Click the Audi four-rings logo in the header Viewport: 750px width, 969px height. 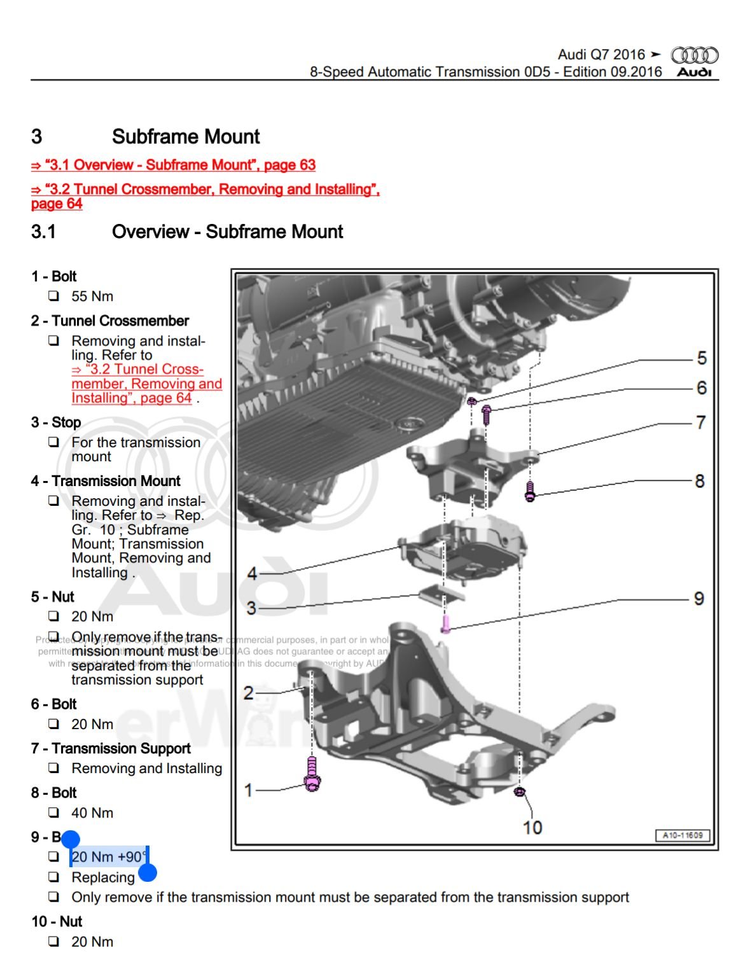coord(695,55)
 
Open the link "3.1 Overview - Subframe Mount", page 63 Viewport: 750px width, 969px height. coord(173,165)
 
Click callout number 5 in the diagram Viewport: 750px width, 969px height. coord(702,358)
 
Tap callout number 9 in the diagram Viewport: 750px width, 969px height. coord(699,599)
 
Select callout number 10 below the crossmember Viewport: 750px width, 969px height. coord(532,827)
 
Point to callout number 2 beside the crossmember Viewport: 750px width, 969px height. coord(249,692)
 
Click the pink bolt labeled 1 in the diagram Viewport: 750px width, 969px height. coord(312,774)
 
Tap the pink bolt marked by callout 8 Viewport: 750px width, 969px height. coord(530,491)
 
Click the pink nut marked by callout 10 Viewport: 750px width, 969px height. coord(518,792)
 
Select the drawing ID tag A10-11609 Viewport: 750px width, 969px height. coord(683,835)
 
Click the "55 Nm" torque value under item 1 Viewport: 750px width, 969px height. coord(92,296)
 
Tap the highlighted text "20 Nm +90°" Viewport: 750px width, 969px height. coord(109,857)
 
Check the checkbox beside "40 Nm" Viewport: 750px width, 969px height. coord(54,812)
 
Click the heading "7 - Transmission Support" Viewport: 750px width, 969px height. coord(111,749)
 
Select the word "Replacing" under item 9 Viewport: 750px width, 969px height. coord(103,878)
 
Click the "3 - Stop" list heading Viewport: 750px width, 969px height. coord(56,422)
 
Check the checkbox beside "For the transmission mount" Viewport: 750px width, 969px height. coord(54,442)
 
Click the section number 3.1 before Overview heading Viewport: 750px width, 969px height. coord(43,232)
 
